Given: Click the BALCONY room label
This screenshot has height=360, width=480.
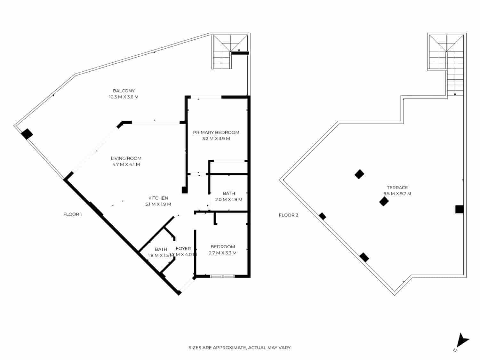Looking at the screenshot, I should [x=124, y=91].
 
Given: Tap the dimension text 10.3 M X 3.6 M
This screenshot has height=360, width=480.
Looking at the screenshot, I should [x=124, y=97].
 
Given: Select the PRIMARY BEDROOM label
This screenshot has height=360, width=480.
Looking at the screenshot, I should [x=216, y=132].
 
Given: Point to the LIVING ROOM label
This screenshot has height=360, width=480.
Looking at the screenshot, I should [x=126, y=158].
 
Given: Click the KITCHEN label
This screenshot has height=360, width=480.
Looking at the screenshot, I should [x=158, y=198].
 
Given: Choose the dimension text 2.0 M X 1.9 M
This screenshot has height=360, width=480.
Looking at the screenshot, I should [x=228, y=199].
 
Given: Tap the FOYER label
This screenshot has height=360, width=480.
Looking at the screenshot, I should [x=183, y=248].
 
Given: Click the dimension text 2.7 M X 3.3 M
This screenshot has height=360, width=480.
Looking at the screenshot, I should [x=222, y=253].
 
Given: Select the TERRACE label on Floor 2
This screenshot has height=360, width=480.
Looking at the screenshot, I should [x=397, y=188].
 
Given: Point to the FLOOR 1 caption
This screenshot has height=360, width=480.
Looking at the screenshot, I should [x=72, y=214].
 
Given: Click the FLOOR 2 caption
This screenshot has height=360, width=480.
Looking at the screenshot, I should [x=288, y=215].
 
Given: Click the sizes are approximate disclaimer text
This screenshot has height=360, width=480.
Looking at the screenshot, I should [x=240, y=348].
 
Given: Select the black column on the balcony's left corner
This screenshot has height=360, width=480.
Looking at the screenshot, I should [x=27, y=134].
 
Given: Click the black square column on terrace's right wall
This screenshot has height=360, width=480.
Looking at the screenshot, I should [x=459, y=209].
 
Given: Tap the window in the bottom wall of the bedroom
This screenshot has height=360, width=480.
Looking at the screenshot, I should [x=222, y=276].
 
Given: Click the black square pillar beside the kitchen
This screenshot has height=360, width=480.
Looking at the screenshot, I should [x=185, y=190].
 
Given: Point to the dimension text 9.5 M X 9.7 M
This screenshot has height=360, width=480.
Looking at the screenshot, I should [x=397, y=194].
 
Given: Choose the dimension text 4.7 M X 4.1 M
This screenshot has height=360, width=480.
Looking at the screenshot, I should [x=126, y=164].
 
